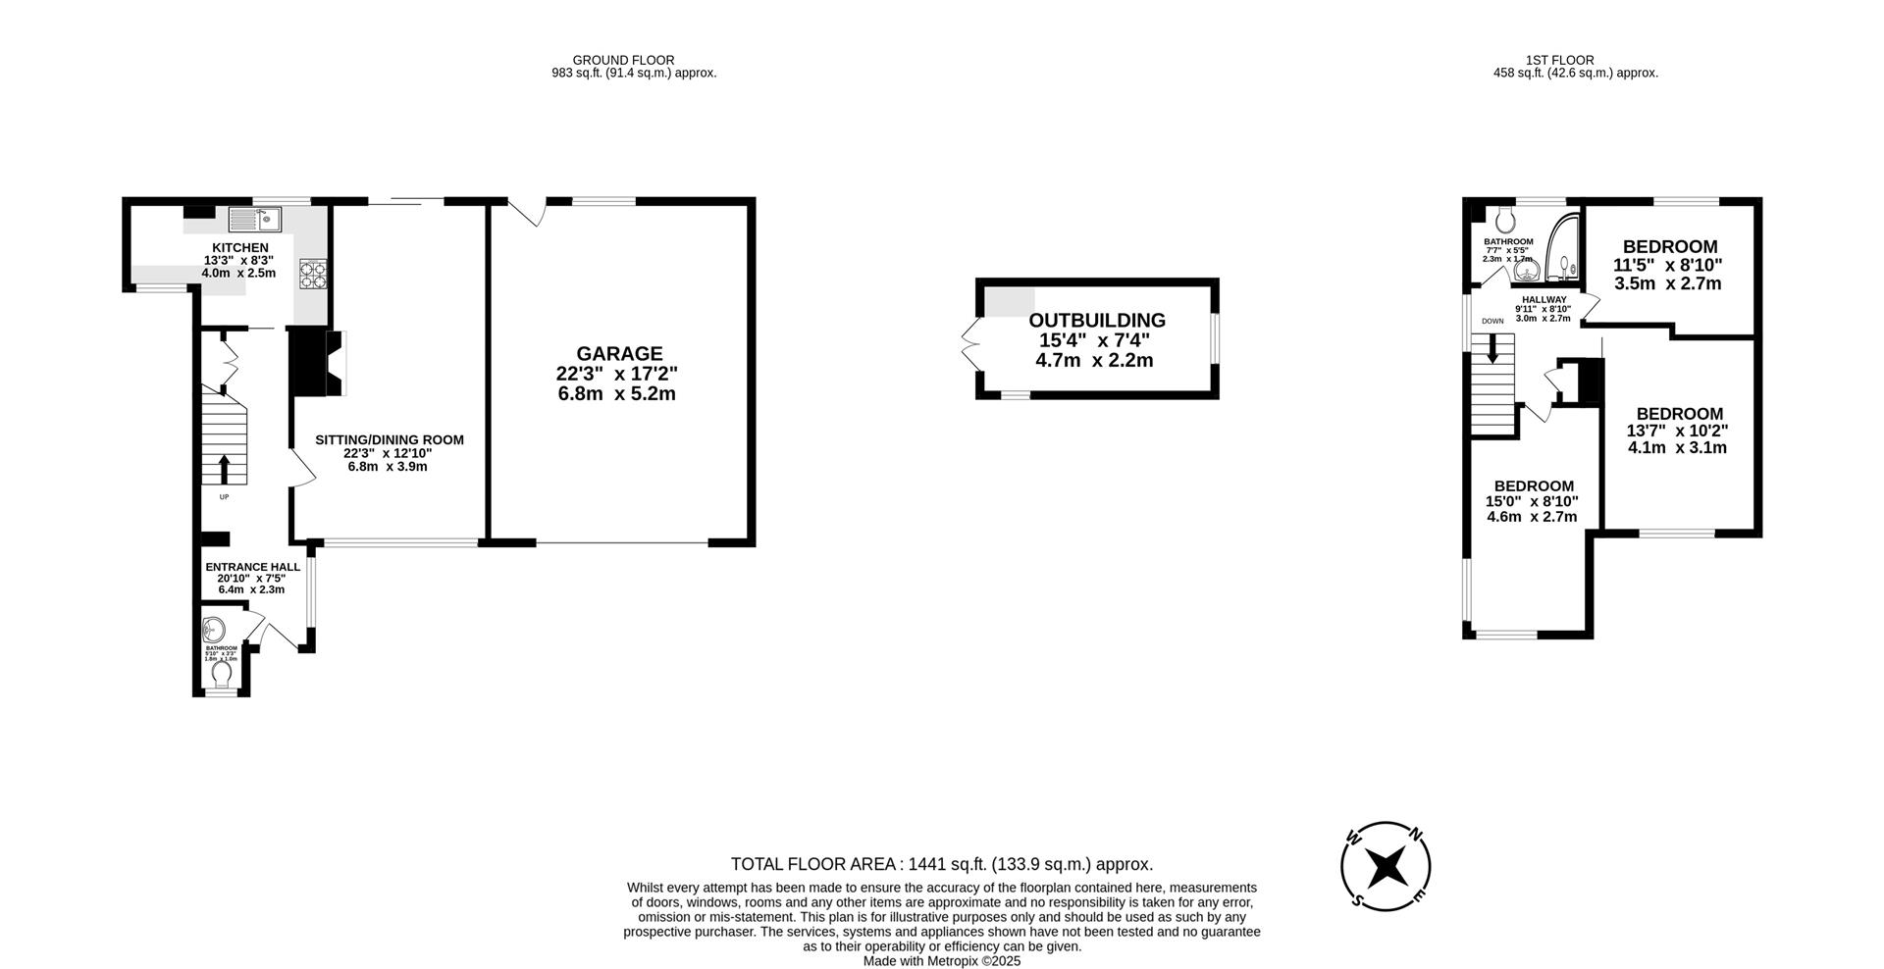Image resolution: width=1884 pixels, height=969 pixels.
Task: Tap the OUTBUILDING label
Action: [1096, 320]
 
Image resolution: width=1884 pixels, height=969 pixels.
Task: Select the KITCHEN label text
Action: [240, 247]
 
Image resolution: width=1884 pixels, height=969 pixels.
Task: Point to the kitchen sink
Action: [256, 217]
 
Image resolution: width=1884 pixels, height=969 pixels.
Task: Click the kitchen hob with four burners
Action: [313, 274]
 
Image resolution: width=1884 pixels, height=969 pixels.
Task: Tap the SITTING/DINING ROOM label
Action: [389, 439]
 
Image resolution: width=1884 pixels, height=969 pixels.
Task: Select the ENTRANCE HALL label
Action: [252, 567]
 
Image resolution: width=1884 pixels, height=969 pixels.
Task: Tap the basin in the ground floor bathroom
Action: [213, 628]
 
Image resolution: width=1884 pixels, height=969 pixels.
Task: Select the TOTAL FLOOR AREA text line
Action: [941, 864]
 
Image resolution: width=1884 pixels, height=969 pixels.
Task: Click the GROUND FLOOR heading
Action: [623, 60]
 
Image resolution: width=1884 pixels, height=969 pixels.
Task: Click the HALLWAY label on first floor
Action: [1544, 299]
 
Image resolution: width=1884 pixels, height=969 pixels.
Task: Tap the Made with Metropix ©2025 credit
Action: [942, 961]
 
